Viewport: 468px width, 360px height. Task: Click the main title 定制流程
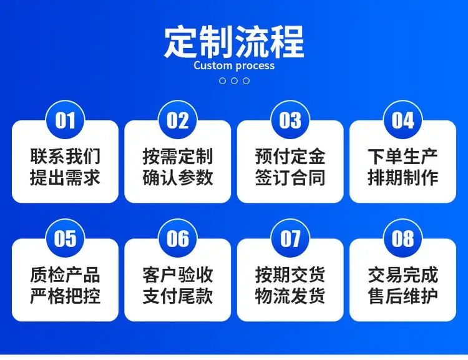click(x=234, y=42)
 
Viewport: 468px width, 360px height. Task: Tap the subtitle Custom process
click(x=234, y=66)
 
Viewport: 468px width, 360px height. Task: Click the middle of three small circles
click(x=234, y=80)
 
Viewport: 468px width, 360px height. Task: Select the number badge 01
click(x=65, y=120)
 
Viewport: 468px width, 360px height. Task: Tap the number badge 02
click(x=178, y=120)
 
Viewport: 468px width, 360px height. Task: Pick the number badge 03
click(x=290, y=120)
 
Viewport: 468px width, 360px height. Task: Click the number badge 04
click(x=402, y=120)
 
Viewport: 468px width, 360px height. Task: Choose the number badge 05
click(x=65, y=238)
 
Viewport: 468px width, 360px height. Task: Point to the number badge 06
click(x=178, y=238)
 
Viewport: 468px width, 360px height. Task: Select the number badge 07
click(x=290, y=238)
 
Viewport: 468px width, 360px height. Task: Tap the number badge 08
click(x=402, y=238)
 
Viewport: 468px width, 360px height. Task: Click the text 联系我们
click(x=65, y=156)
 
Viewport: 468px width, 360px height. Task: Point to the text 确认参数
click(x=178, y=177)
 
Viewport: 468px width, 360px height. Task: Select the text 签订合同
click(x=290, y=177)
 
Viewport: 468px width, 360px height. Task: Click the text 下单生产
click(x=402, y=156)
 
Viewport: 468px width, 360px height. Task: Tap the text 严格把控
click(x=65, y=296)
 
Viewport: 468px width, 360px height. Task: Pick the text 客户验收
click(x=178, y=275)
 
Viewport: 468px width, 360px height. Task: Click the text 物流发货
click(x=290, y=296)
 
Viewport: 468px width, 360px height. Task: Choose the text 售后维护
click(x=402, y=296)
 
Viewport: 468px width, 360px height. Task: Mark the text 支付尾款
click(x=178, y=296)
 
